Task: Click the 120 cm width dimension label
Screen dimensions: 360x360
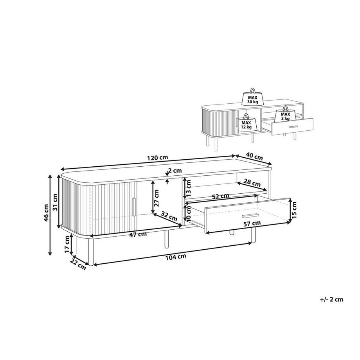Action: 157,158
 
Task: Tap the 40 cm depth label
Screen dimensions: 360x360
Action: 254,157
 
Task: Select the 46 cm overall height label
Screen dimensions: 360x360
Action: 46,212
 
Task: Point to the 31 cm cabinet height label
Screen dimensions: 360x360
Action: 55,202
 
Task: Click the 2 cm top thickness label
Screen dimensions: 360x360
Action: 175,170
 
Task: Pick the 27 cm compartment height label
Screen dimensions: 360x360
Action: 156,198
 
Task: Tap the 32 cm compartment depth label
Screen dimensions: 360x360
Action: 169,216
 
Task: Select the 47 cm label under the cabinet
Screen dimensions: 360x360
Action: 138,234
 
